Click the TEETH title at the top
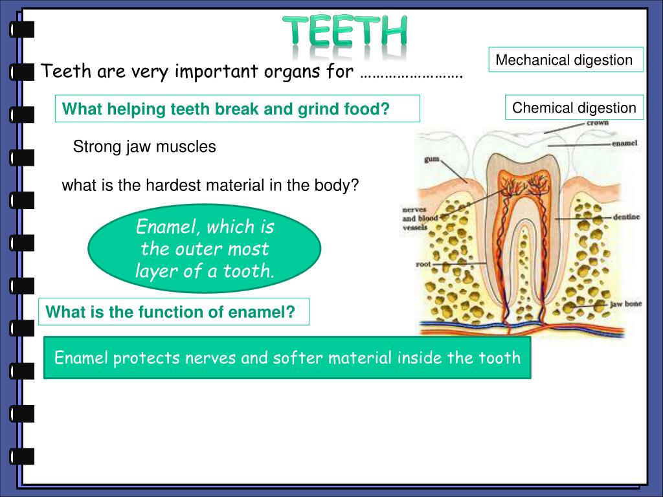[345, 32]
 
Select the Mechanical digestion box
[565, 60]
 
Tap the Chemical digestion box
[574, 108]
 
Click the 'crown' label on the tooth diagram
[597, 122]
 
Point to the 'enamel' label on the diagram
[625, 143]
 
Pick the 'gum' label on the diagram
[432, 159]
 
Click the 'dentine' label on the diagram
[626, 217]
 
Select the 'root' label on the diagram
[423, 265]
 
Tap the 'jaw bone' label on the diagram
[625, 304]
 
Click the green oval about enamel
[205, 249]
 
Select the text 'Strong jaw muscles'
[144, 147]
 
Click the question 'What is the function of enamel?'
[170, 313]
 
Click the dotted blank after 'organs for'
[410, 72]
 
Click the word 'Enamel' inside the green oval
[161, 228]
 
